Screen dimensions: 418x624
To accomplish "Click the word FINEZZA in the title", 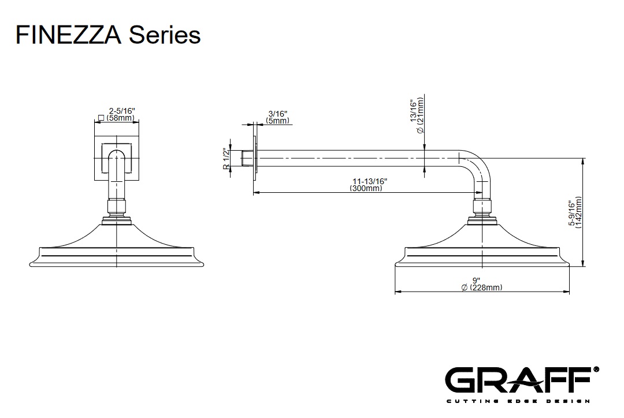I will (68, 35).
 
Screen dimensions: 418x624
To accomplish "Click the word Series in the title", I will (165, 35).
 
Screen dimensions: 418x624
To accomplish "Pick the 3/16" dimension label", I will (278, 114).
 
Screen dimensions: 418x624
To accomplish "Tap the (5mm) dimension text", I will (278, 121).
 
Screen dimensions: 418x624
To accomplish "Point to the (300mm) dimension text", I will (366, 189).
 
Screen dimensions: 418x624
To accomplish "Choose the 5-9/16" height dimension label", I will (572, 214).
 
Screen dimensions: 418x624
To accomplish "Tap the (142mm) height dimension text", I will (579, 214).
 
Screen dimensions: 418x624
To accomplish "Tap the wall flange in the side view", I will (254, 158).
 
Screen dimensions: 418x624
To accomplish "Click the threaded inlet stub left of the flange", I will (247, 158).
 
